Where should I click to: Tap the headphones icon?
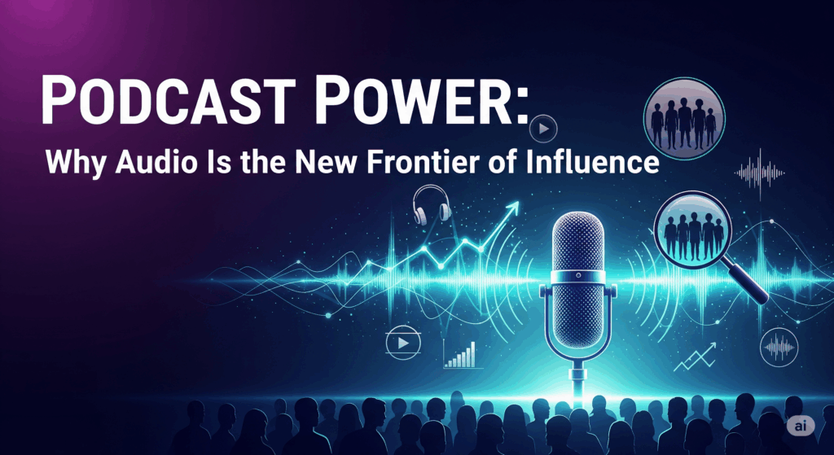[x=431, y=204]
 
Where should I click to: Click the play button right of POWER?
[x=543, y=128]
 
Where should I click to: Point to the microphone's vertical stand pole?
[x=578, y=379]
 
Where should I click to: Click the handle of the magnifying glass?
[x=748, y=281]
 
